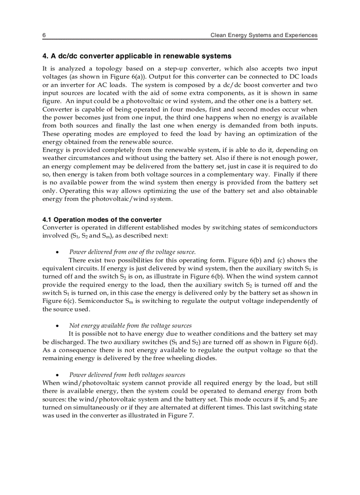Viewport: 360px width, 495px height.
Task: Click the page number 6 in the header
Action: click(x=44, y=35)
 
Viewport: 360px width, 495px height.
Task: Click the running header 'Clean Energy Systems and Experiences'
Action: click(x=264, y=35)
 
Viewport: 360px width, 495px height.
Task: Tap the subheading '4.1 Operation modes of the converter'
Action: click(x=102, y=220)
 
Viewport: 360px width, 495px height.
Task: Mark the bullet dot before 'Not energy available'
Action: click(x=57, y=326)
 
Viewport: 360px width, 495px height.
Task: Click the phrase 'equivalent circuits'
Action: click(x=63, y=268)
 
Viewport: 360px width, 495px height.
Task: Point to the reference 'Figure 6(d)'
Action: click(x=300, y=342)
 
